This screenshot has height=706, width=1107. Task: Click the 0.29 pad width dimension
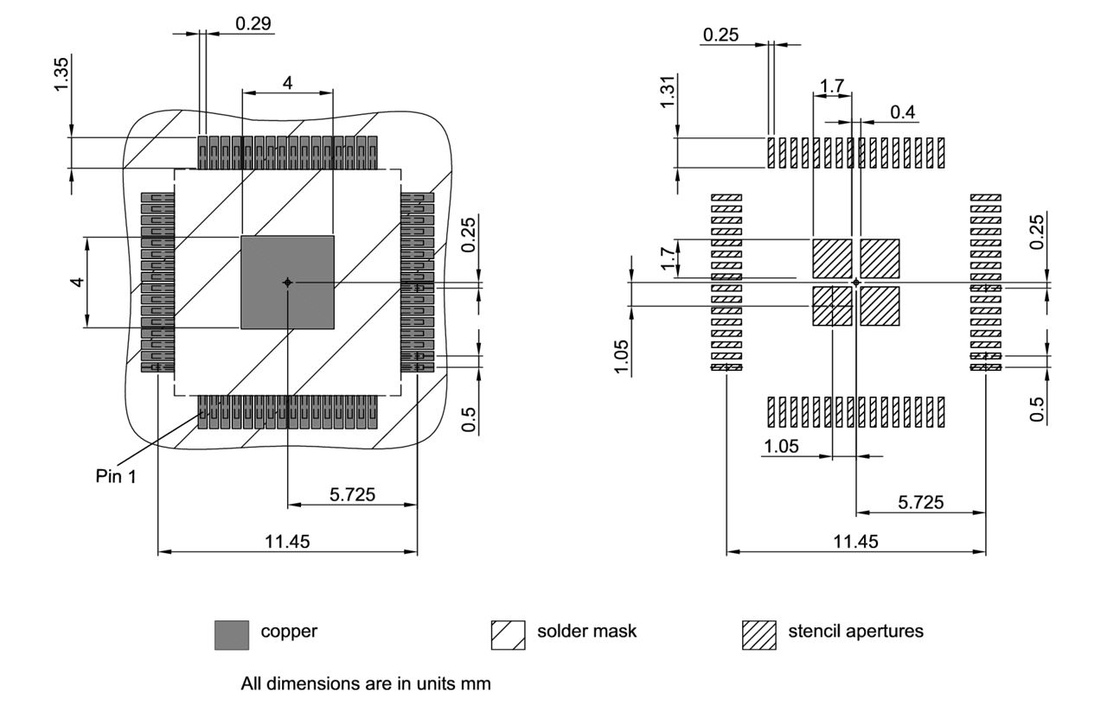pyautogui.click(x=254, y=23)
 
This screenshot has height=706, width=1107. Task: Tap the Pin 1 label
pyautogui.click(x=115, y=476)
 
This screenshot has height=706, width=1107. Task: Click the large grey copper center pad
pyautogui.click(x=287, y=282)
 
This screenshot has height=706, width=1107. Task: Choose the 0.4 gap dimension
pyautogui.click(x=903, y=111)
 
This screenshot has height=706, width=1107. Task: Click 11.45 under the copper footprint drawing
pyautogui.click(x=287, y=542)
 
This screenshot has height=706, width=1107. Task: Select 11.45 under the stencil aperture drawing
pyautogui.click(x=855, y=542)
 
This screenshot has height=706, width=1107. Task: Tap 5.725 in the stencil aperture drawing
pyautogui.click(x=920, y=502)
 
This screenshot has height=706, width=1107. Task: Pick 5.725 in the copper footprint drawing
pyautogui.click(x=351, y=494)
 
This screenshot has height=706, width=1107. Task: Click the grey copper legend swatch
pyautogui.click(x=231, y=634)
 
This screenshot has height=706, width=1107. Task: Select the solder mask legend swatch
pyautogui.click(x=508, y=634)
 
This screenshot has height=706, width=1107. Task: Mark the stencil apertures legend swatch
pyautogui.click(x=758, y=634)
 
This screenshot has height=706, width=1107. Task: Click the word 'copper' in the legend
pyautogui.click(x=289, y=632)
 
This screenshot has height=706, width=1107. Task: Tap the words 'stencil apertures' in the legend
pyautogui.click(x=855, y=632)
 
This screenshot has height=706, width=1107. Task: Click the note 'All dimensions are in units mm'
pyautogui.click(x=366, y=684)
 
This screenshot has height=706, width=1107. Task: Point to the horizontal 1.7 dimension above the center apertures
pyautogui.click(x=832, y=86)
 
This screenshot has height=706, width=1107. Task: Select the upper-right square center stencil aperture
pyautogui.click(x=880, y=258)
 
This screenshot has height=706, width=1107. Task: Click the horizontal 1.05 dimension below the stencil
pyautogui.click(x=780, y=446)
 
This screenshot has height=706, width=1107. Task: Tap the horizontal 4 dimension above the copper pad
pyautogui.click(x=287, y=82)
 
